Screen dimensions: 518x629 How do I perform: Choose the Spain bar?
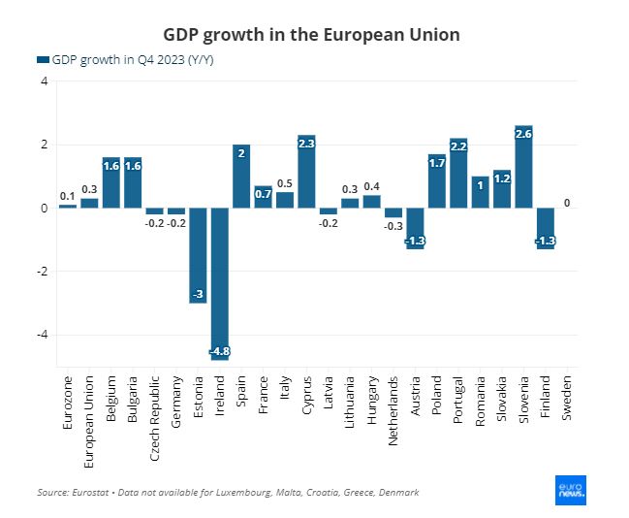tap(241, 177)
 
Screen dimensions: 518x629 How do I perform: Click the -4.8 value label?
tap(220, 351)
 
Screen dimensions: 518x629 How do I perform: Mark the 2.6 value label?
tap(523, 134)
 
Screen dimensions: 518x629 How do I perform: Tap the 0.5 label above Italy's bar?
tap(285, 183)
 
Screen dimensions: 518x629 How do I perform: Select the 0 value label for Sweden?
tap(567, 203)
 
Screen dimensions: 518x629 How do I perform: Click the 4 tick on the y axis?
tap(45, 81)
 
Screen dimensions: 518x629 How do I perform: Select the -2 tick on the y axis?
tap(43, 272)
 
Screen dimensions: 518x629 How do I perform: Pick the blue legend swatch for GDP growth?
tap(42, 60)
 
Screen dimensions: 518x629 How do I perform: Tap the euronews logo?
tap(571, 491)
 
